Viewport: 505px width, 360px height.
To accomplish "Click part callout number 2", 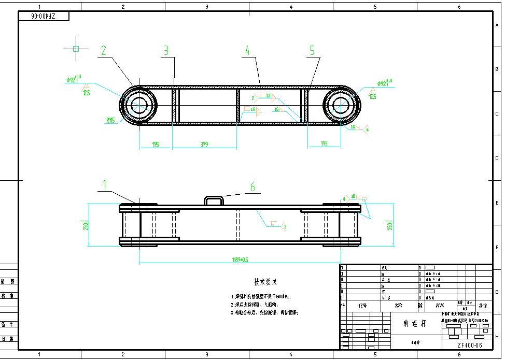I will coord(104,50).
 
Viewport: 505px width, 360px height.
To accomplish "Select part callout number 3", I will coord(166,50).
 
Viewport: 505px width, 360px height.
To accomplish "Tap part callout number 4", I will coord(247,50).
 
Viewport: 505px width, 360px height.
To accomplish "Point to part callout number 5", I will coord(312,50).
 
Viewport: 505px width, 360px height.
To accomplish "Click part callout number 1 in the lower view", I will coord(104,184).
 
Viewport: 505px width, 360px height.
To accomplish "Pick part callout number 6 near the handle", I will coord(253,187).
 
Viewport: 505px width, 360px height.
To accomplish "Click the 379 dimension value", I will coord(204,144).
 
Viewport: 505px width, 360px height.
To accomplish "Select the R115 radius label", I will coord(110,121).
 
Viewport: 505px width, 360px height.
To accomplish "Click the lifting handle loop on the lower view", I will coord(214,200).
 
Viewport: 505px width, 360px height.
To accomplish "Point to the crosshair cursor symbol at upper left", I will coord(76,49).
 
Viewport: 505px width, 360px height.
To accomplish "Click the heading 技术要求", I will coord(265,282).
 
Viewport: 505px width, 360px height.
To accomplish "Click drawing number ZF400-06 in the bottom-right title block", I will coord(469,345).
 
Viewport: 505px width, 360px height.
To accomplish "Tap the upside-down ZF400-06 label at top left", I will coord(44,17).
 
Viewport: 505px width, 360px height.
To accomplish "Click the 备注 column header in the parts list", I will coord(483,306).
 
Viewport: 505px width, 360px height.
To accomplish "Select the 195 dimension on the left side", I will coord(156,144).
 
